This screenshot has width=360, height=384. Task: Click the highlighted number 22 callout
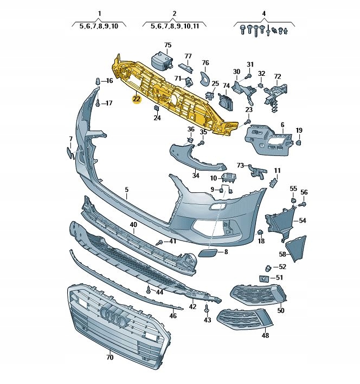[137, 99]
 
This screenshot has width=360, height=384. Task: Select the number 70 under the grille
[110, 357]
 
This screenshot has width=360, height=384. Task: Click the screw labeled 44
[149, 290]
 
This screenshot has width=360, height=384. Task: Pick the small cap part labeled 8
[208, 252]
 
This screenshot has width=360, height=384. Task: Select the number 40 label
[133, 225]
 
